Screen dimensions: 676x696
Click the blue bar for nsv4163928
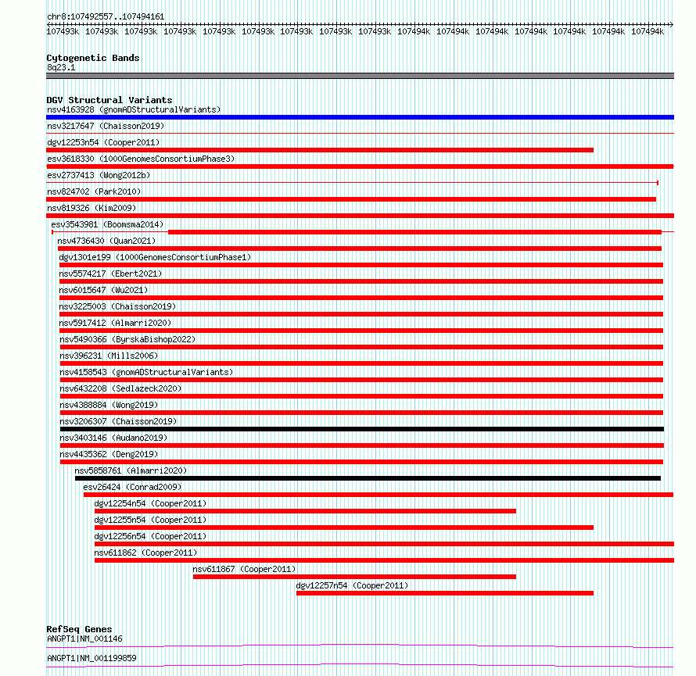pyautogui.click(x=360, y=117)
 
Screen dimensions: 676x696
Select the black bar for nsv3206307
pyautogui.click(x=361, y=429)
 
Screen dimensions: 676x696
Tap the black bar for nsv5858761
pyautogui.click(x=368, y=478)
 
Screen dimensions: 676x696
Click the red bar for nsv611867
pyautogui.click(x=354, y=577)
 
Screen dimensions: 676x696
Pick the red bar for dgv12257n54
pyautogui.click(x=444, y=593)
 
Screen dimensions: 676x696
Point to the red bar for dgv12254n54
pyautogui.click(x=305, y=511)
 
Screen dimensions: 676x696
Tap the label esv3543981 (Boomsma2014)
pyautogui.click(x=107, y=224)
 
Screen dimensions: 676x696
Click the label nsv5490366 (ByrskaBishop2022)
pyautogui.click(x=127, y=339)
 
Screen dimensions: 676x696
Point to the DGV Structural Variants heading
pyautogui.click(x=109, y=100)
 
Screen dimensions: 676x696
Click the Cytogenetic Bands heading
pyautogui.click(x=92, y=58)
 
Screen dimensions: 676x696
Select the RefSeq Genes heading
pyautogui.click(x=79, y=629)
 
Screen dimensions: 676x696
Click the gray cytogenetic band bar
pyautogui.click(x=360, y=76)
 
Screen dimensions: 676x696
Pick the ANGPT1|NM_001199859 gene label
pyautogui.click(x=91, y=658)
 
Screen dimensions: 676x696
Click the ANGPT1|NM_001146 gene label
pyautogui.click(x=84, y=638)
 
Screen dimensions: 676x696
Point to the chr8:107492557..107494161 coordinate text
pyautogui.click(x=105, y=16)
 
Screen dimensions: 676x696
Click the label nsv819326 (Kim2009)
pyautogui.click(x=91, y=208)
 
